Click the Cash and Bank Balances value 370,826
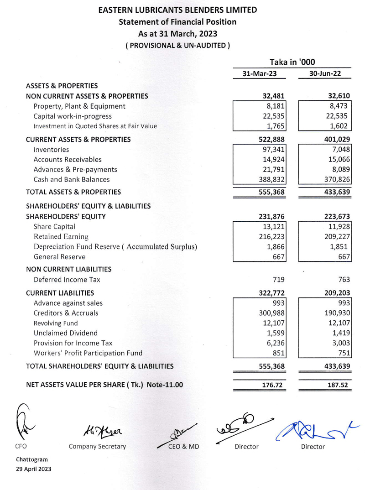click(x=336, y=179)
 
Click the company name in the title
click(x=177, y=10)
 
